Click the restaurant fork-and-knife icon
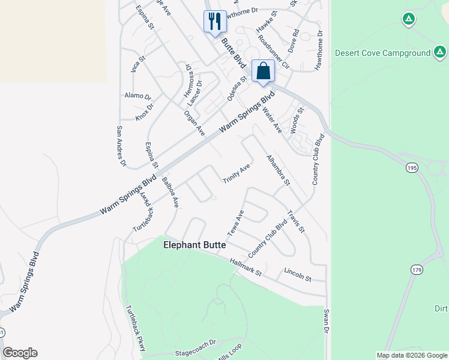[x=215, y=22]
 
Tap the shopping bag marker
[x=263, y=71]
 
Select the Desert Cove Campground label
[x=382, y=53]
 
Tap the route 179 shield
[x=417, y=270]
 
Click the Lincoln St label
[x=298, y=275]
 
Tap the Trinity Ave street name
[x=237, y=174]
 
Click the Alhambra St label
[x=278, y=170]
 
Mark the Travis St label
[x=297, y=221]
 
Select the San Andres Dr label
[x=121, y=146]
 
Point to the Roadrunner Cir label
[x=273, y=51]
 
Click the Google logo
[x=20, y=353]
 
